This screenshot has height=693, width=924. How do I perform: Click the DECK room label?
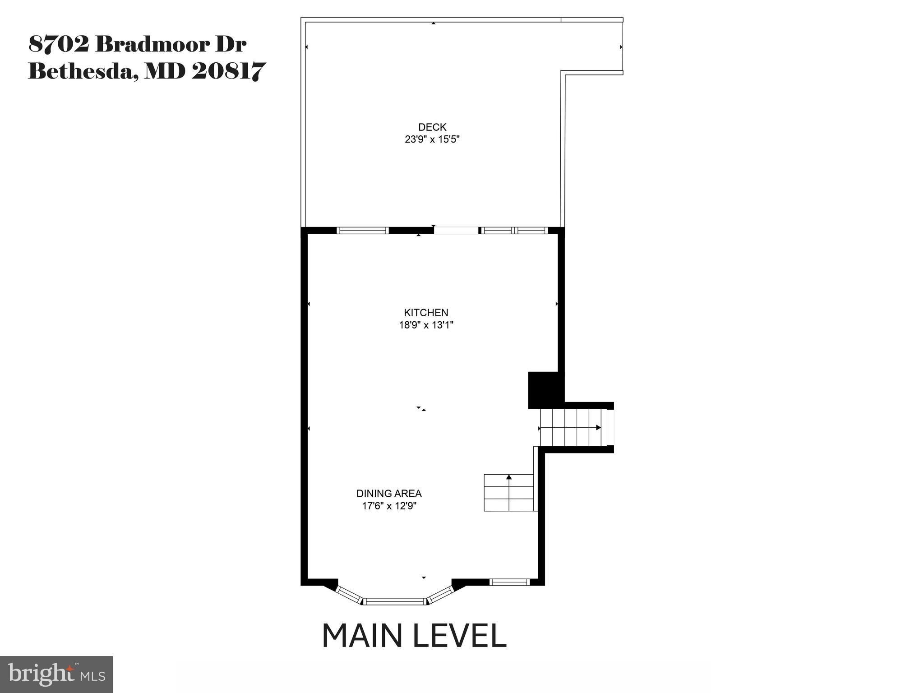pyautogui.click(x=432, y=127)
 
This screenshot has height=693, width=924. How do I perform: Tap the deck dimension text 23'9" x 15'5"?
pyautogui.click(x=432, y=139)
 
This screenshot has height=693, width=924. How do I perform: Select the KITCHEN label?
pyautogui.click(x=426, y=313)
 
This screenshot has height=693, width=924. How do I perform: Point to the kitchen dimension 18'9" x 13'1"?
pyautogui.click(x=426, y=325)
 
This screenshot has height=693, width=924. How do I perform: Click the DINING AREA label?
pyautogui.click(x=389, y=494)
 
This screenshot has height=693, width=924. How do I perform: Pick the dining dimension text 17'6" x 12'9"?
pyautogui.click(x=389, y=506)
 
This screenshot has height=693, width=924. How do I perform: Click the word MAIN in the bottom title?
pyautogui.click(x=362, y=636)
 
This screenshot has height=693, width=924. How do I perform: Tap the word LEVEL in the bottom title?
pyautogui.click(x=460, y=636)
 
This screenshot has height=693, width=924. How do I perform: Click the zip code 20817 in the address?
pyautogui.click(x=228, y=71)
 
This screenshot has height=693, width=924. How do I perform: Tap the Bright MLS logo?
pyautogui.click(x=56, y=674)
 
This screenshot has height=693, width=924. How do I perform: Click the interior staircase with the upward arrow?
pyautogui.click(x=509, y=493)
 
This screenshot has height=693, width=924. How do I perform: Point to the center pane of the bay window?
pyautogui.click(x=395, y=601)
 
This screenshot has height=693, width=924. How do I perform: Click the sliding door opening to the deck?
pyautogui.click(x=456, y=231)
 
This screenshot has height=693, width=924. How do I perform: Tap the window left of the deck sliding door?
pyautogui.click(x=363, y=231)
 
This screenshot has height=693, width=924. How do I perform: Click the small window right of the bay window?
pyautogui.click(x=510, y=582)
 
